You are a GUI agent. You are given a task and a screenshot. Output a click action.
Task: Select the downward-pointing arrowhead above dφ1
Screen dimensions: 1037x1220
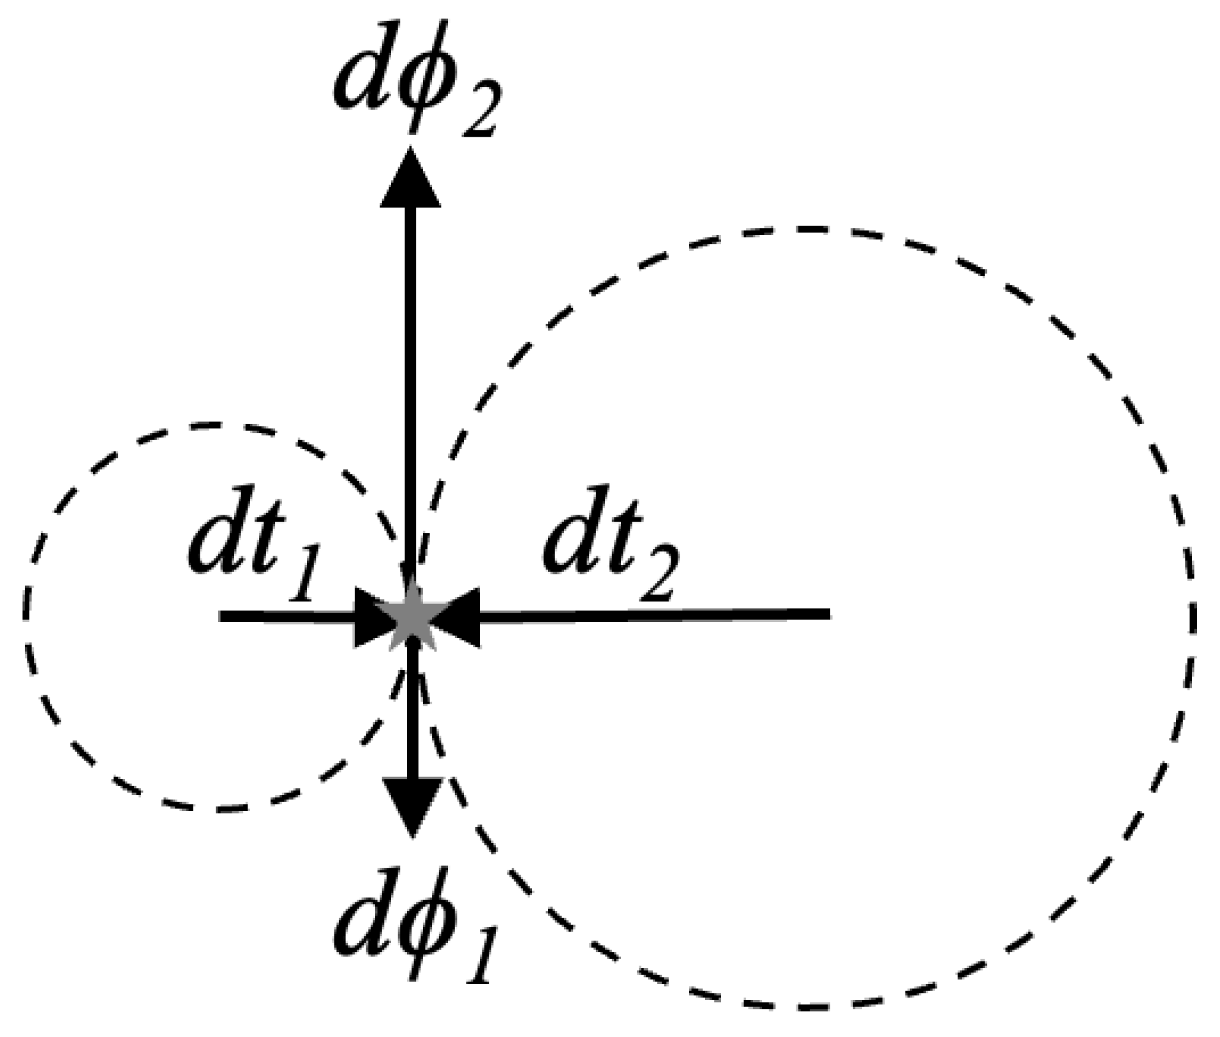pos(413,806)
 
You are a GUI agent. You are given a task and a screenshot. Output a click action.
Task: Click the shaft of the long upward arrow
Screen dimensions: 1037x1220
pos(410,383)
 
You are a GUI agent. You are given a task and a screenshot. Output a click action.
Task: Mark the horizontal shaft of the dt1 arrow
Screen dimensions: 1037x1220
pos(287,617)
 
